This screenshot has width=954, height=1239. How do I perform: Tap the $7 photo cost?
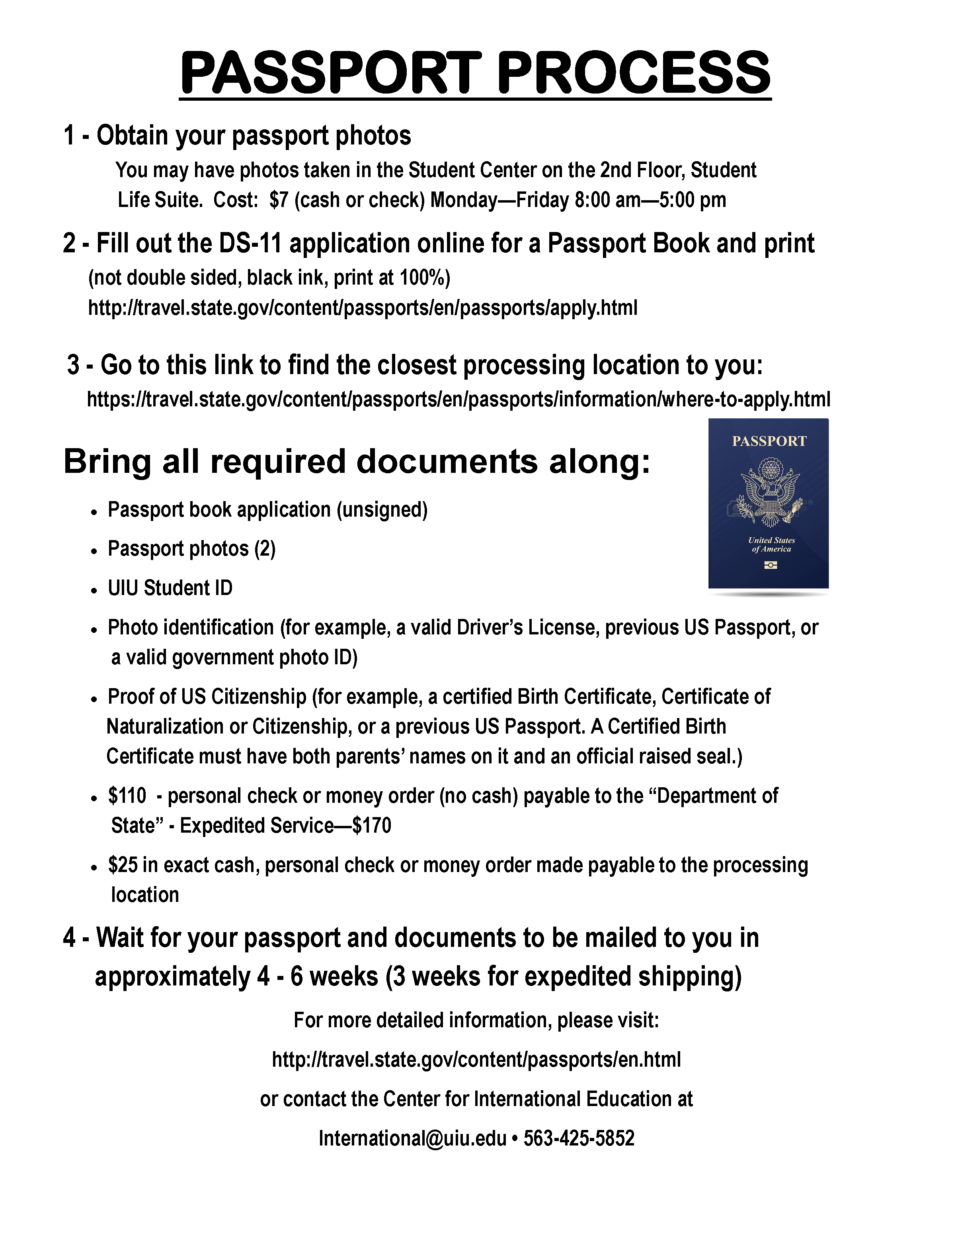pos(279,200)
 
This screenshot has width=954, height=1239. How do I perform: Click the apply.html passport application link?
pos(363,308)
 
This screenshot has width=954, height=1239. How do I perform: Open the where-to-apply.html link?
pos(458,399)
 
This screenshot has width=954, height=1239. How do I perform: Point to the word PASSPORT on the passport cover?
pos(769,441)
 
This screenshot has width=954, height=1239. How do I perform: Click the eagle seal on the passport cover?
pos(770,492)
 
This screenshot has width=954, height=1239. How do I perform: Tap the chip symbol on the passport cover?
pos(770,565)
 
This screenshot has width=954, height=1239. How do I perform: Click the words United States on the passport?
pos(771,540)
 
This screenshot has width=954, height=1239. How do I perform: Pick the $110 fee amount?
pos(127,796)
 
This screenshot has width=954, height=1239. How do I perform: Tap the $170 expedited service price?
pos(371,825)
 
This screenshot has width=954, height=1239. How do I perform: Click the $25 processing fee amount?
pos(123,865)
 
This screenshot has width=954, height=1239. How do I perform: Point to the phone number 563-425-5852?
pos(579,1138)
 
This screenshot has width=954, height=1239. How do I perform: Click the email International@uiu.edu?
pos(412,1138)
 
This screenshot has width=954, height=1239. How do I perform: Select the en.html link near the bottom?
pos(476,1059)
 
